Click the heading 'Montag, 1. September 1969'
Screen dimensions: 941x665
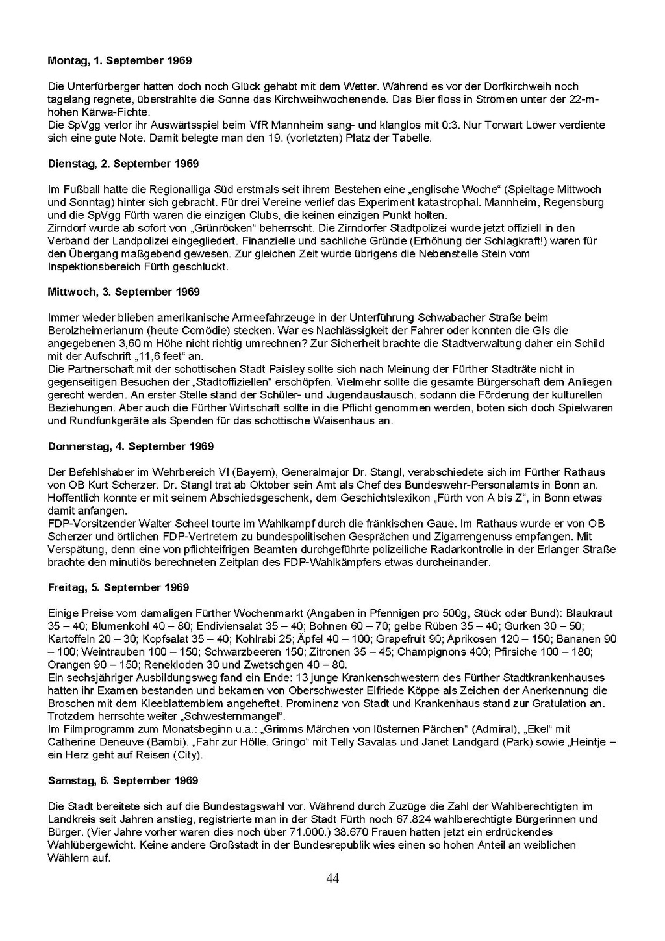(x=119, y=60)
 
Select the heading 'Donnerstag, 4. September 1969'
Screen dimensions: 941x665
(x=131, y=446)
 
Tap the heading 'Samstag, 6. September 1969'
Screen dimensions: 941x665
(x=123, y=780)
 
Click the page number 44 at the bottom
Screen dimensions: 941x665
(x=332, y=879)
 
